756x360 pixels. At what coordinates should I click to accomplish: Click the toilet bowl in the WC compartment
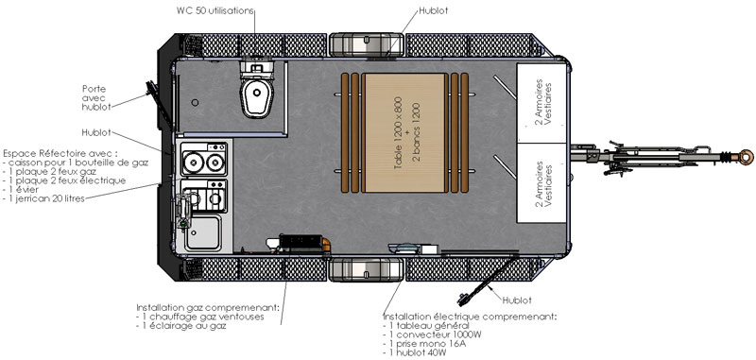pos(257,97)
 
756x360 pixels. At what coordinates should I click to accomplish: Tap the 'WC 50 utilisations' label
pos(215,11)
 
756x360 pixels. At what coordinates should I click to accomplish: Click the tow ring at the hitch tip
pos(746,157)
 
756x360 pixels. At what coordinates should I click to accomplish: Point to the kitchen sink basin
pos(203,232)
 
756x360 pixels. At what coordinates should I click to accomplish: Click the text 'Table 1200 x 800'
pos(398,132)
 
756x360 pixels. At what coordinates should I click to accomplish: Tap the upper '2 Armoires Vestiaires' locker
pos(541,103)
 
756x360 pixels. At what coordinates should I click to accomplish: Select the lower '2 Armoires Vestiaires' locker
pos(541,183)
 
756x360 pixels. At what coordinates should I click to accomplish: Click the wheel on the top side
pos(367,44)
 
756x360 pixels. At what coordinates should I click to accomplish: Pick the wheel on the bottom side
pos(367,269)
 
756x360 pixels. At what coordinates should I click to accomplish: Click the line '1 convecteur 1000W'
pos(433,334)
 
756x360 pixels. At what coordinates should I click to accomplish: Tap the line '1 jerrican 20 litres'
pos(43,198)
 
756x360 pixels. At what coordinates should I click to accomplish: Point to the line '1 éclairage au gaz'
pos(181,326)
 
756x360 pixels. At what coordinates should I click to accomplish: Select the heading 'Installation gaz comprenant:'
pos(208,307)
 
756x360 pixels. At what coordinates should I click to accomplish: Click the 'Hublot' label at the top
pos(433,10)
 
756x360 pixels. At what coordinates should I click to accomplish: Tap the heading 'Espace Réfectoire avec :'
pos(60,153)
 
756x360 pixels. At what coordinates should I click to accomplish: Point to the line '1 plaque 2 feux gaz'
pos(49,171)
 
